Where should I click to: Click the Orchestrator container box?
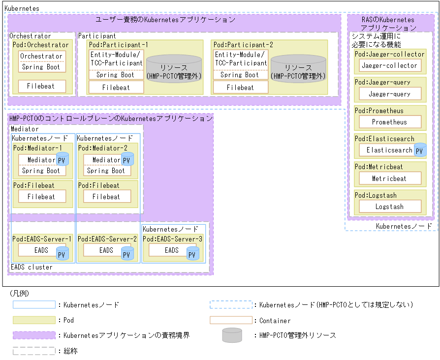42,57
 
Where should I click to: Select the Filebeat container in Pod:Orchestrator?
42,87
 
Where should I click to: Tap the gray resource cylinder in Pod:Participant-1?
174,68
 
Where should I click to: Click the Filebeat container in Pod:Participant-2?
240,88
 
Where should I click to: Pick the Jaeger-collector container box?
389,65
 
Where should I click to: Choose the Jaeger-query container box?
389,94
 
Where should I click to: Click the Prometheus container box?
389,122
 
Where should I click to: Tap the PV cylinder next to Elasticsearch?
420,150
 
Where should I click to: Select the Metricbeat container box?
389,179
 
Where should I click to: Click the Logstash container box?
389,207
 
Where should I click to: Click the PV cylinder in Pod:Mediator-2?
127,159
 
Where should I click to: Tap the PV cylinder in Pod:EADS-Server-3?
192,253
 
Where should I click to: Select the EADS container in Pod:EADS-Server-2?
106,250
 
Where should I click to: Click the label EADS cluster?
31,267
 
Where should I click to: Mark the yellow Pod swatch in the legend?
34,320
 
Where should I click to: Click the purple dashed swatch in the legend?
34,335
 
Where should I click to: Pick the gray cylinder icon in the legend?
231,335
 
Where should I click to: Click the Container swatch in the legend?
231,320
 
